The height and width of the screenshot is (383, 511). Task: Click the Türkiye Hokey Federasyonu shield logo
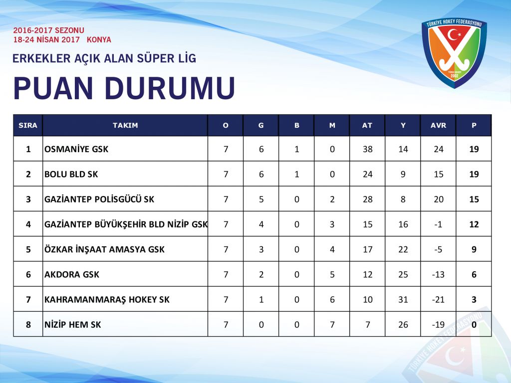tap(454, 53)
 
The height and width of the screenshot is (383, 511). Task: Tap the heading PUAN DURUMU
tap(124, 88)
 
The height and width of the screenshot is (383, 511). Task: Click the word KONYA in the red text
tap(99, 40)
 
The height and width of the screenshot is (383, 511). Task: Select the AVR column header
tap(438, 125)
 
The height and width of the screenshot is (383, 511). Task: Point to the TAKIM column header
tap(125, 125)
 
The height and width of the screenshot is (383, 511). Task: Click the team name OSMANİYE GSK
tap(76, 149)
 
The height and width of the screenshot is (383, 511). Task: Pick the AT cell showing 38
tap(368, 149)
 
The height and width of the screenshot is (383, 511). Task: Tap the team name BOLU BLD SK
tap(71, 174)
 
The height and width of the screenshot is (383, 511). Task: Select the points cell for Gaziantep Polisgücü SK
tap(474, 199)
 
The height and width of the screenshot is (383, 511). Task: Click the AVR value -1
tap(438, 224)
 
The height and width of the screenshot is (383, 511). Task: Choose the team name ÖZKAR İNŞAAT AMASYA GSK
tap(104, 249)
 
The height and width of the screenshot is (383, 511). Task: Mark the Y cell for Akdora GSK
tap(403, 275)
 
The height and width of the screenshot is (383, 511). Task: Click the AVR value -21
tap(438, 300)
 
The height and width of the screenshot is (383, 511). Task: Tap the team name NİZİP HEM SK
tap(73, 325)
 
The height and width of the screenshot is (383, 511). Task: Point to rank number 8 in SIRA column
tap(28, 325)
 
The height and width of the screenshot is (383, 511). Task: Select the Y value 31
tap(403, 300)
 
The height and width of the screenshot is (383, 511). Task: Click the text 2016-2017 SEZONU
tap(48, 30)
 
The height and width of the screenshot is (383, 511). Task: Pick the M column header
tap(332, 125)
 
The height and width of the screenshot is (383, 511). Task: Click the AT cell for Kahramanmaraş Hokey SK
tap(368, 300)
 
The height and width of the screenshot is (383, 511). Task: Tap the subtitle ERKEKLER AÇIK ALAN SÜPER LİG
tap(104, 58)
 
